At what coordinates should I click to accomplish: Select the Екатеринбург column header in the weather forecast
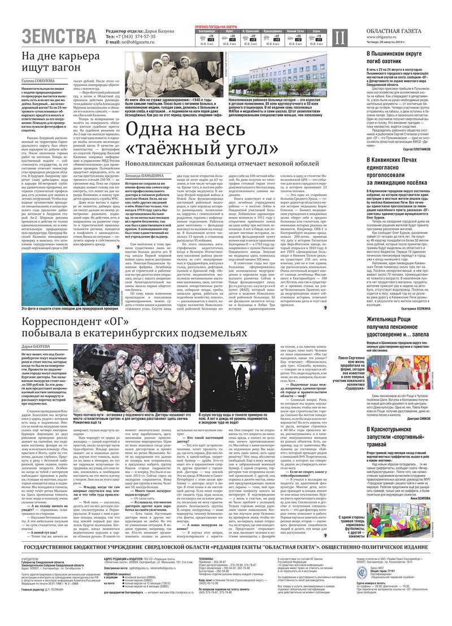point(209,31)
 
